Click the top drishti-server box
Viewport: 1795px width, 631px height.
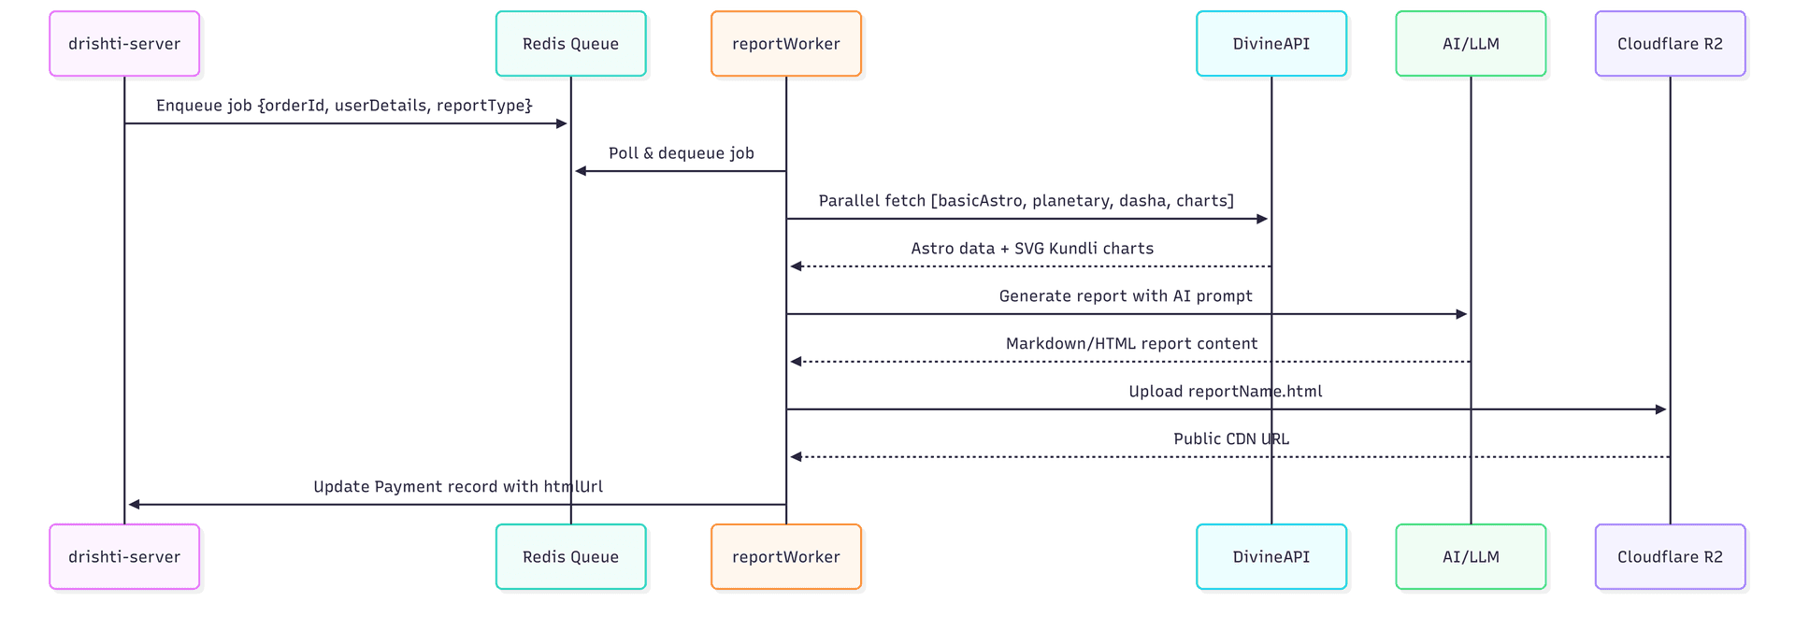[x=124, y=44]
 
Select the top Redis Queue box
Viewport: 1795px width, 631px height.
[x=570, y=44]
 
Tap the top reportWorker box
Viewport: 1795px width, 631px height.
[x=785, y=44]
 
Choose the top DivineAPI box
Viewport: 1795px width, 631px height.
[x=1271, y=44]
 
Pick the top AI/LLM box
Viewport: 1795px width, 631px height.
[x=1471, y=44]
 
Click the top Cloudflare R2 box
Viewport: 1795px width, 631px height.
[x=1670, y=44]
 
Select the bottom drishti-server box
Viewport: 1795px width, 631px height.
[x=124, y=556]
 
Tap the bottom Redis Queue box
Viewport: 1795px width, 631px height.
[x=570, y=556]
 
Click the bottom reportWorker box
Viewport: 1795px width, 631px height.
[x=785, y=556]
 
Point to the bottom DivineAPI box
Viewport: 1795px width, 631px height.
[x=1271, y=556]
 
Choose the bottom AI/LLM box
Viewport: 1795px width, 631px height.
[x=1471, y=556]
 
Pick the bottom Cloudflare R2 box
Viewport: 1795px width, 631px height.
[x=1670, y=556]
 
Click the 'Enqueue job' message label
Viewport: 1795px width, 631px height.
[x=344, y=106]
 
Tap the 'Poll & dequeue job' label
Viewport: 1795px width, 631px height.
[x=681, y=153]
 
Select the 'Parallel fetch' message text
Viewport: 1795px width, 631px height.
[x=1026, y=201]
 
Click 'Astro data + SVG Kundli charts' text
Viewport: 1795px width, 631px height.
[x=1032, y=249]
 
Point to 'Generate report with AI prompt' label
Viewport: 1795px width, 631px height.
[x=1126, y=296]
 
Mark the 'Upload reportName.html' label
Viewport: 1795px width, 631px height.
[x=1225, y=392]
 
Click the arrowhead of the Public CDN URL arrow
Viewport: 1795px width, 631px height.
[x=797, y=457]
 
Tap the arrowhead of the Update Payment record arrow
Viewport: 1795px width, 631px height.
[x=135, y=505]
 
